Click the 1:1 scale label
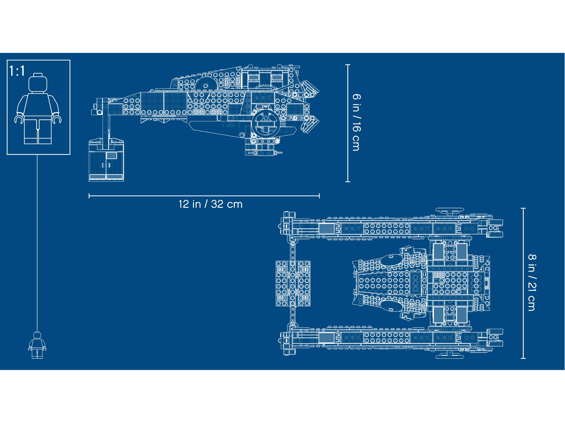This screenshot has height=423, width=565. point(17,71)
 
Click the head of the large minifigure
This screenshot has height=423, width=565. point(38,83)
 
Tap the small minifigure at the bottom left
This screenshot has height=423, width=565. point(37,345)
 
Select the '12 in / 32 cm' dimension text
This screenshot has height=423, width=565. point(211,204)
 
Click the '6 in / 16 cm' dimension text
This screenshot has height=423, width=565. point(356,122)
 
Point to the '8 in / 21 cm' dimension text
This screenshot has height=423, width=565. point(532,282)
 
